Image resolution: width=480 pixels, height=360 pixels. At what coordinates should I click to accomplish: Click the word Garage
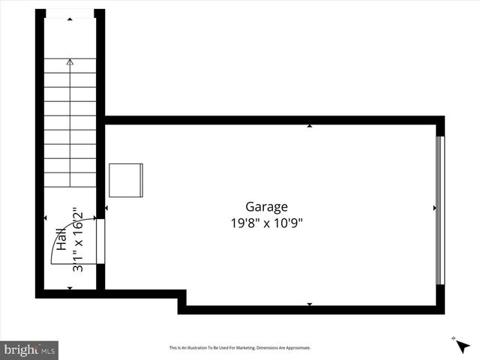[x=266, y=206]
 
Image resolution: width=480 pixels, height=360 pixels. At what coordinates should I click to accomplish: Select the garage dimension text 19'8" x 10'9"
[x=266, y=223]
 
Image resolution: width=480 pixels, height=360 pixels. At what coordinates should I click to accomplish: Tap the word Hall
[x=61, y=241]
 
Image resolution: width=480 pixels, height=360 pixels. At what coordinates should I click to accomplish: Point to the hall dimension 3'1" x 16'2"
[x=76, y=238]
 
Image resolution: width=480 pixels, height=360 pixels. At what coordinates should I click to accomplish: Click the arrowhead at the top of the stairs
[x=70, y=63]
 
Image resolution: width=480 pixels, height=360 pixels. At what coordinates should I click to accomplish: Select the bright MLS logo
[x=30, y=349]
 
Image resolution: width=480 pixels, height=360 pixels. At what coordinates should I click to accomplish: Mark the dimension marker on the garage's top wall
[x=309, y=126]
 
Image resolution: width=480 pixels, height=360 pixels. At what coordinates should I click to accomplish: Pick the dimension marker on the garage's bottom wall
[x=309, y=304]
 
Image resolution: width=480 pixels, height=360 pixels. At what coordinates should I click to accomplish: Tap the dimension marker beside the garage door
[x=434, y=208]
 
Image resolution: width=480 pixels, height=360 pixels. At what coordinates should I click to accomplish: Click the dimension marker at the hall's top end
[x=70, y=19]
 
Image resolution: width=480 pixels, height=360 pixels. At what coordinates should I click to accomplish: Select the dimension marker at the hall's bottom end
[x=70, y=289]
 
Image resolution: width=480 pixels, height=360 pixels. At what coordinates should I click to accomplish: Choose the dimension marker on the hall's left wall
[x=46, y=218]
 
